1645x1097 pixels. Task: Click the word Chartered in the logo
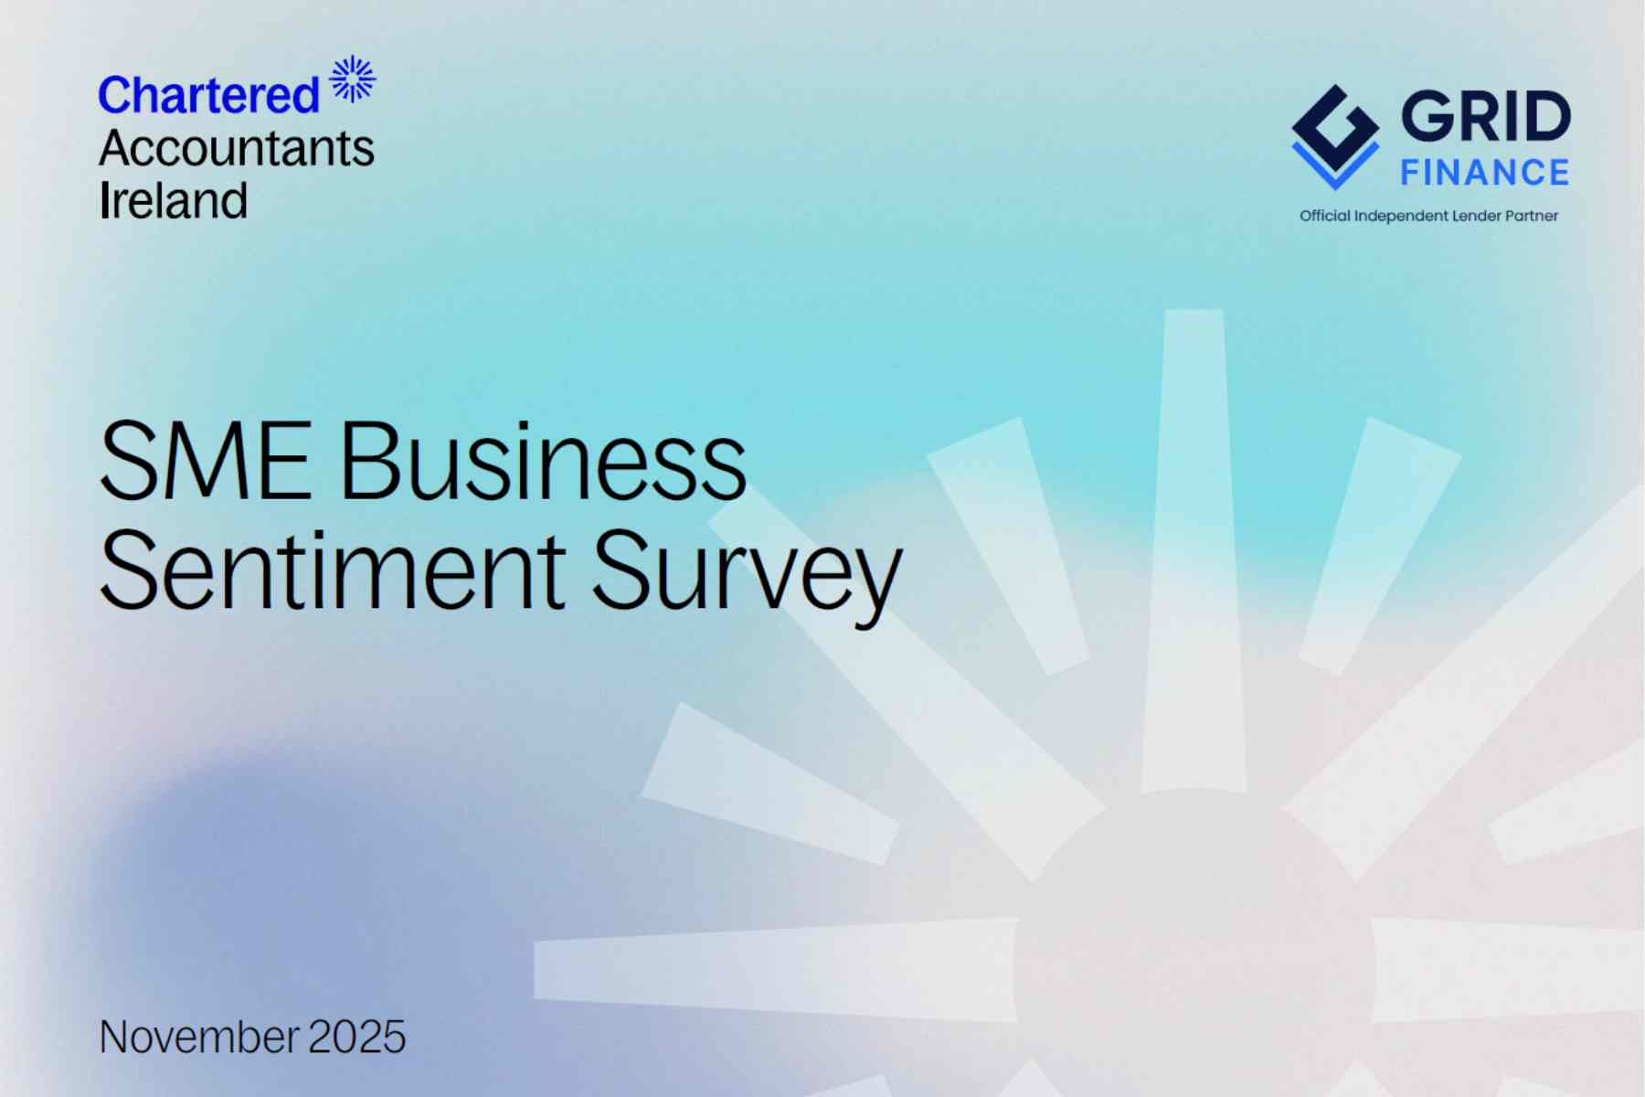(208, 95)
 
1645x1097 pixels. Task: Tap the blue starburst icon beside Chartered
(353, 79)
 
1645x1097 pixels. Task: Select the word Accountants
(237, 148)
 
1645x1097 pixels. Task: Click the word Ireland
(174, 200)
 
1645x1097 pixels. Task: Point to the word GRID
(1486, 116)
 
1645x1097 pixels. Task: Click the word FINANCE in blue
(1485, 173)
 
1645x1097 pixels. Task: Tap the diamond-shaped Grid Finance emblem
(1335, 137)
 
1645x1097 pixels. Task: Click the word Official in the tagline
(1325, 216)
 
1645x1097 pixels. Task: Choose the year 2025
(356, 1037)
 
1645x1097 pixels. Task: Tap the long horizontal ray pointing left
(776, 970)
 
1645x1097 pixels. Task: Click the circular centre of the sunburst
(1194, 969)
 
